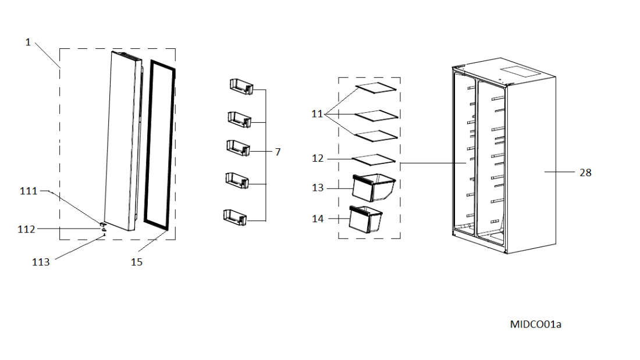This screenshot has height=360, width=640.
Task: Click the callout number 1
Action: [x=28, y=42]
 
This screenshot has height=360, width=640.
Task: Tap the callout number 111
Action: [x=29, y=191]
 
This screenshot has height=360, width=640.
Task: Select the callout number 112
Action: [x=26, y=229]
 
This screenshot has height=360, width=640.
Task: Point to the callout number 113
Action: [x=41, y=262]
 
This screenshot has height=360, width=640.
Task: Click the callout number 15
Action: [x=137, y=262]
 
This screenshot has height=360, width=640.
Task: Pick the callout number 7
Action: [x=278, y=152]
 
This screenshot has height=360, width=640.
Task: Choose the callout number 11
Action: [x=317, y=114]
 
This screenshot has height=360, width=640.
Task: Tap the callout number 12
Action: [x=318, y=158]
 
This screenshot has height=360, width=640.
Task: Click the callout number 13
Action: [x=318, y=188]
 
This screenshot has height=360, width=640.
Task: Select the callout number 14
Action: [x=318, y=219]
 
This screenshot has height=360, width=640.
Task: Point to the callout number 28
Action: [x=585, y=173]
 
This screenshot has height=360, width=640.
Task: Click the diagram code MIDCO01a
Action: [x=535, y=325]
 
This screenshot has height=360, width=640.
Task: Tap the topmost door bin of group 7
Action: [x=241, y=87]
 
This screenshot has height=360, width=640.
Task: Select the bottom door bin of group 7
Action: [x=235, y=217]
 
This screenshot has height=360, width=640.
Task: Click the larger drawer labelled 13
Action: [x=374, y=187]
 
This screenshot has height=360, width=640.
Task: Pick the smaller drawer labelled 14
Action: [x=366, y=219]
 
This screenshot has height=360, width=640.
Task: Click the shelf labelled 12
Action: [x=374, y=160]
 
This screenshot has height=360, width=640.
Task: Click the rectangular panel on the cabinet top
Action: [x=521, y=72]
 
